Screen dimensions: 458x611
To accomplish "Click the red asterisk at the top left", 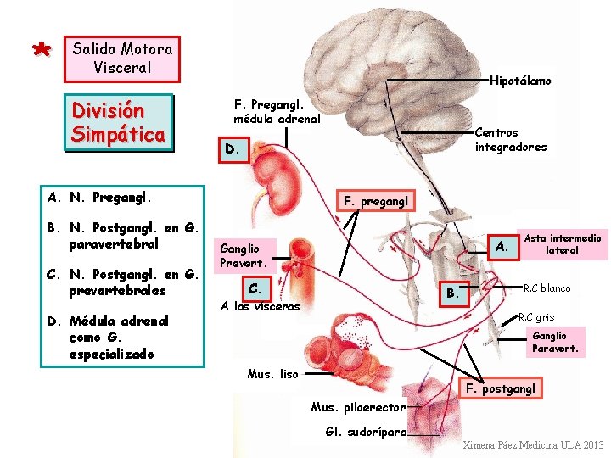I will pyautogui.click(x=39, y=50).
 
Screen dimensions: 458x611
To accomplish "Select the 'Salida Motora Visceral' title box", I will pyautogui.click(x=122, y=58).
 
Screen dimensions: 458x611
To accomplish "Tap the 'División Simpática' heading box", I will pyautogui.click(x=119, y=122).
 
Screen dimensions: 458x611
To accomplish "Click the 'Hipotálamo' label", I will pyautogui.click(x=520, y=81).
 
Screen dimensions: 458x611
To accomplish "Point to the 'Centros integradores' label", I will pyautogui.click(x=511, y=140).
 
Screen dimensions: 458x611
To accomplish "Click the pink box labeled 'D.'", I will pyautogui.click(x=232, y=149).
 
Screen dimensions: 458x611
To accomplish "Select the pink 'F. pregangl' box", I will pyautogui.click(x=376, y=201).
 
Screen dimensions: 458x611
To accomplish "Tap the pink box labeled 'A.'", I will pyautogui.click(x=502, y=246).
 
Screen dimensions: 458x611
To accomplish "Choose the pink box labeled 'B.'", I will pyautogui.click(x=453, y=294).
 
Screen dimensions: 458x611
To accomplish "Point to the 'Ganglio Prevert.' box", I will pyautogui.click(x=244, y=255).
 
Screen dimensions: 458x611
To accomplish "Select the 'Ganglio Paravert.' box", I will pyautogui.click(x=555, y=342).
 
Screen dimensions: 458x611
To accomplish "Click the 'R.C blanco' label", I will pyautogui.click(x=547, y=288).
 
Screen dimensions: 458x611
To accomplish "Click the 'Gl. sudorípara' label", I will pyautogui.click(x=366, y=431).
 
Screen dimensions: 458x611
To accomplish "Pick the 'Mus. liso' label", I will pyautogui.click(x=272, y=373).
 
